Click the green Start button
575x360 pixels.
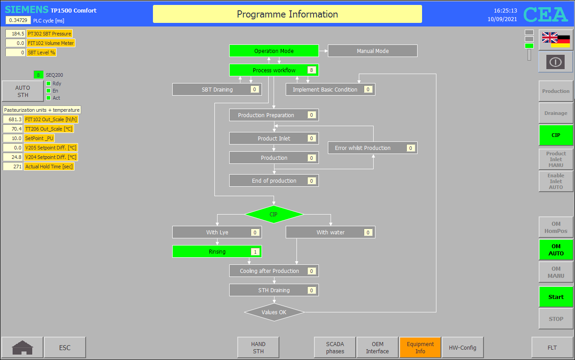click(556, 297)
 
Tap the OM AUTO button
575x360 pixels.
click(556, 250)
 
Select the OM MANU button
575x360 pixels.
click(556, 272)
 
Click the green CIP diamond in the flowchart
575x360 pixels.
click(274, 214)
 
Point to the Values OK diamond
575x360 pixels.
click(274, 312)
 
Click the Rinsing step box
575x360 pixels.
click(217, 251)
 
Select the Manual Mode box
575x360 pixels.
click(372, 51)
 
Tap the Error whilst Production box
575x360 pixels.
click(372, 148)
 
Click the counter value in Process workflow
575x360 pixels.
click(311, 70)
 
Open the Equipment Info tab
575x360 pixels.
click(420, 347)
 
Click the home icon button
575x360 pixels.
click(22, 347)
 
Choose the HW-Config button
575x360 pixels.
click(462, 347)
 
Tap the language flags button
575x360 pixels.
click(556, 40)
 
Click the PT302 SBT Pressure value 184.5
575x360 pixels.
click(15, 34)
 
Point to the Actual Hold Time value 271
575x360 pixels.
click(13, 167)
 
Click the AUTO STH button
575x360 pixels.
click(22, 91)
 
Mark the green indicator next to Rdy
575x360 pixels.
click(48, 83)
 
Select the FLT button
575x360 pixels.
click(552, 347)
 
